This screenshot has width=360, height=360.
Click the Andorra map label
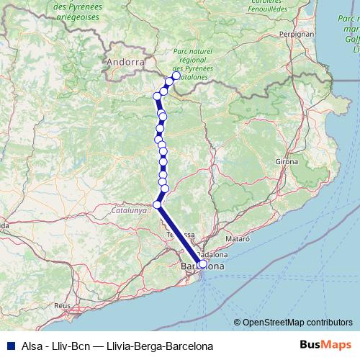[125, 62]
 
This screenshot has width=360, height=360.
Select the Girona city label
[286, 162]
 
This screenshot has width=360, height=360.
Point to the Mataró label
[237, 237]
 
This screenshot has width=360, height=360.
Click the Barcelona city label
[202, 266]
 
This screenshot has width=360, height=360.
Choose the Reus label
[62, 305]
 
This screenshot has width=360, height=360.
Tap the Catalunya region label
[129, 211]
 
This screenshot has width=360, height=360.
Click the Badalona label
[213, 254]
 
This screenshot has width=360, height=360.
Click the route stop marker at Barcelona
[202, 264]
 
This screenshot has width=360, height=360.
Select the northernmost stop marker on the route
[176, 75]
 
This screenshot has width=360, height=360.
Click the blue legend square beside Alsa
[8, 345]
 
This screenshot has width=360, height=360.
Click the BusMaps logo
[325, 345]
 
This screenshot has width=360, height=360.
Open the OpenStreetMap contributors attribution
[297, 322]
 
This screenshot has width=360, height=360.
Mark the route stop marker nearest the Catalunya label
[158, 204]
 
